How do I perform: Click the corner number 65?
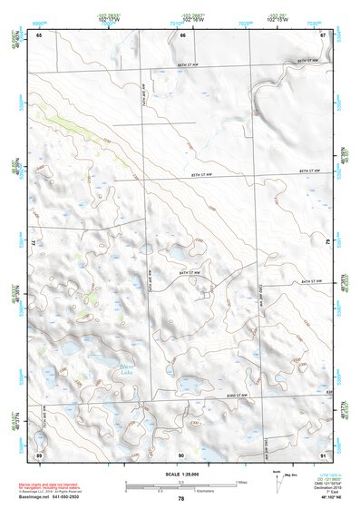click(39, 35)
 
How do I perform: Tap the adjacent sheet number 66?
click(182, 35)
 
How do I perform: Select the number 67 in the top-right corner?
click(323, 35)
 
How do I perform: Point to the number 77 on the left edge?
click(34, 243)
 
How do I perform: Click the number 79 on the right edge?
click(326, 243)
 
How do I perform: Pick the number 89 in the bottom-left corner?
click(39, 454)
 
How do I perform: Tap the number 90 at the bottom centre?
click(181, 454)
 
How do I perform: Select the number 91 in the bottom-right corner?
click(323, 454)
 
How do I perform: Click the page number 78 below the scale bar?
click(181, 499)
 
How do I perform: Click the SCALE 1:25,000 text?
click(180, 475)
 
